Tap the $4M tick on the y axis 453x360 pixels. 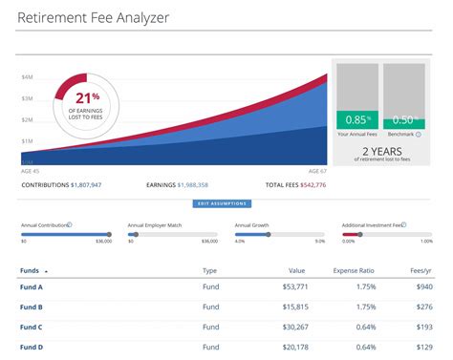[28, 76]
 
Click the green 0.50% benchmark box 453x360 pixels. [404, 120]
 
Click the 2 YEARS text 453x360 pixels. [382, 150]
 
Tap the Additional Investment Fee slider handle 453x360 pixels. [359, 234]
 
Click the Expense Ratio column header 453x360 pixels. [354, 270]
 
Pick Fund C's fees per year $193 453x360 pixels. [422, 328]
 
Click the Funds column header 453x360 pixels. [31, 270]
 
